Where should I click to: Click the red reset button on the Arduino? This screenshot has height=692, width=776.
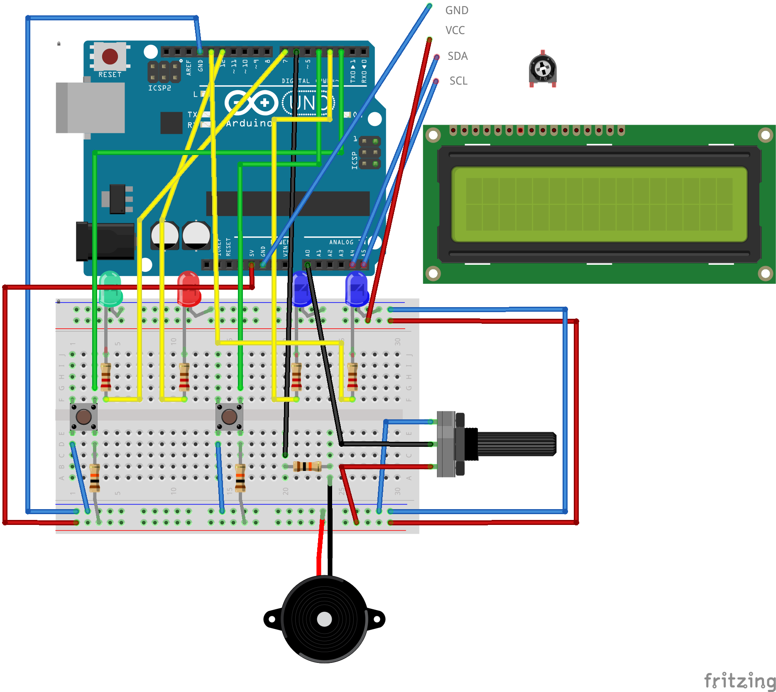click(x=110, y=56)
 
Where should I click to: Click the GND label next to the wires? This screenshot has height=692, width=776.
click(x=457, y=10)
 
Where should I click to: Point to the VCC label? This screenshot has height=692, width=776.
click(x=455, y=30)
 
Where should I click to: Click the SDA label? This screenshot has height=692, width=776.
click(x=458, y=56)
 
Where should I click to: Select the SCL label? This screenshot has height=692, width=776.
click(x=458, y=81)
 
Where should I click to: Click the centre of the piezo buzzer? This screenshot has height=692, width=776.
click(x=324, y=619)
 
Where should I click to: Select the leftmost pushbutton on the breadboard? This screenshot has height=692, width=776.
click(x=83, y=416)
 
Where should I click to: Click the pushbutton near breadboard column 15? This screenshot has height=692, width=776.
click(x=229, y=416)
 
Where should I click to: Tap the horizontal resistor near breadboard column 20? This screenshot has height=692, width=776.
click(x=307, y=466)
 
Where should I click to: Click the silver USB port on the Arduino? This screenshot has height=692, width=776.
click(x=91, y=108)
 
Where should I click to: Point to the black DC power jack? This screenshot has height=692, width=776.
click(x=105, y=241)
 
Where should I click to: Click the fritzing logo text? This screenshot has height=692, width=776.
click(x=739, y=681)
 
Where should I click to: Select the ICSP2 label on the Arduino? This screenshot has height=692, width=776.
click(x=160, y=88)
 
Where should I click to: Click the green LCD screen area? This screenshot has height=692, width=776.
click(x=599, y=204)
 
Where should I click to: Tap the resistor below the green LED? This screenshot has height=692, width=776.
click(x=106, y=376)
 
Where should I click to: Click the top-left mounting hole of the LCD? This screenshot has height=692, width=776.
click(x=433, y=135)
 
